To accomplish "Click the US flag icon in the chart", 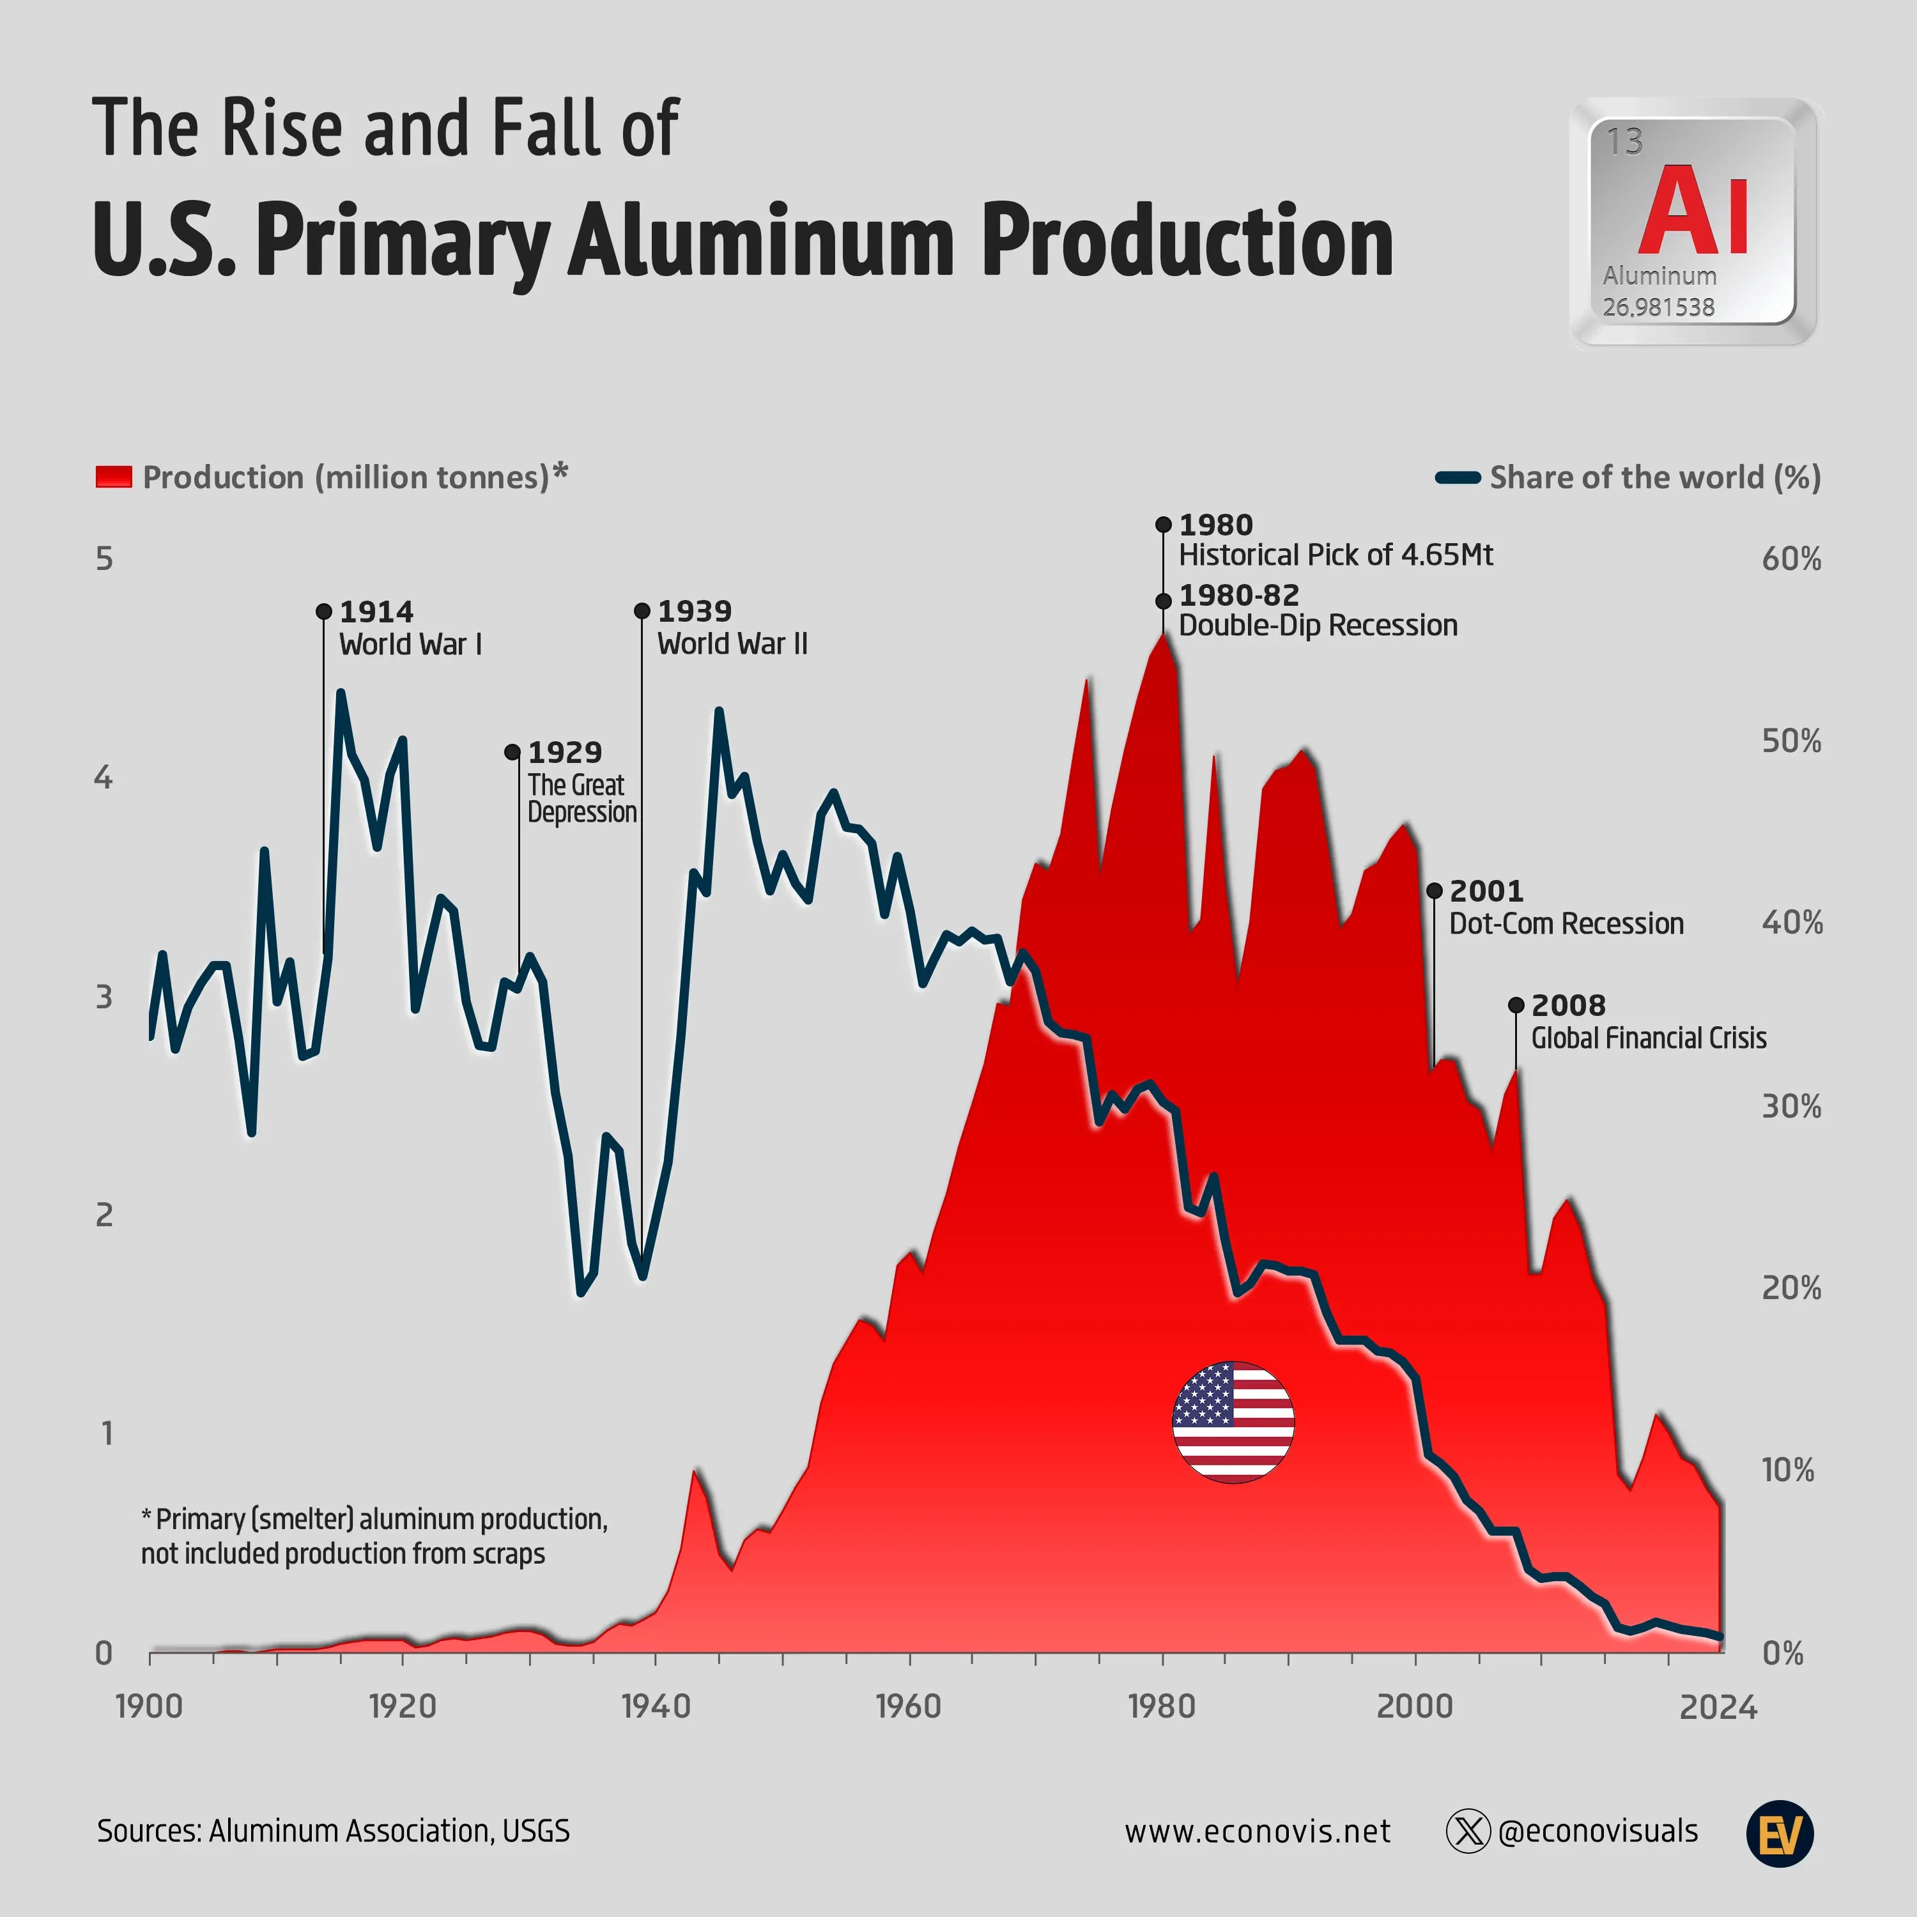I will coord(1233,1422).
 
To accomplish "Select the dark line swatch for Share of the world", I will coord(1458,478).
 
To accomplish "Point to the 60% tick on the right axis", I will coord(1791,560).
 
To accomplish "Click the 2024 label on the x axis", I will coord(1718,1707).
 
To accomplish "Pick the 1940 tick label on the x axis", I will coord(655,1707).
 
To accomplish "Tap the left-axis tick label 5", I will coord(104,560).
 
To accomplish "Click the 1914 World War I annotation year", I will coord(376,612).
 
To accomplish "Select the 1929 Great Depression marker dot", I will coord(512,752).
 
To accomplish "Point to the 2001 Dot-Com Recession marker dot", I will coord(1434,891).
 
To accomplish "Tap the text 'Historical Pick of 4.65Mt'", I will coord(1335,555).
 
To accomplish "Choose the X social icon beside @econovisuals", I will coord(1468,1831).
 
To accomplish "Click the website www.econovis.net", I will coord(1257,1831).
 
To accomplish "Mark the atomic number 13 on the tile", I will coord(1624,142).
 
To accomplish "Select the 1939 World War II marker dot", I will coord(642,612).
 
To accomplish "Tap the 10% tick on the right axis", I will coord(1787,1470).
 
